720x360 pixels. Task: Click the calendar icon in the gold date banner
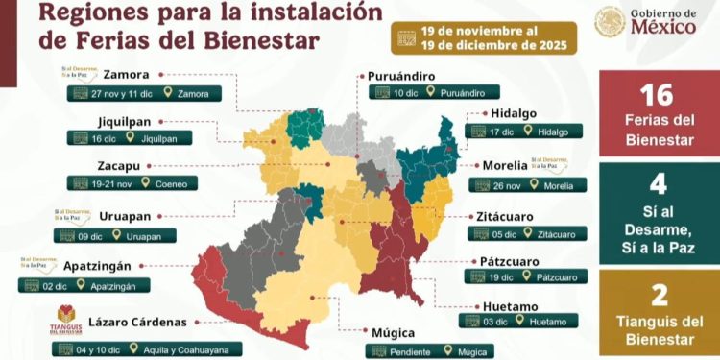pyautogui.click(x=408, y=38)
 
